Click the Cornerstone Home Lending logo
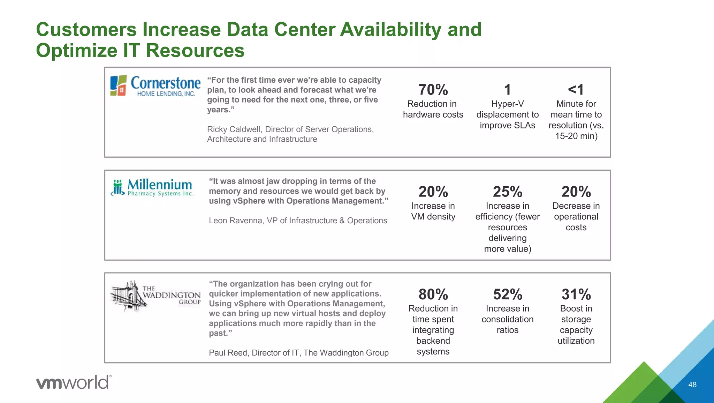155,85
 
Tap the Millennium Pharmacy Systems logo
152,188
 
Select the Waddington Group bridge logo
155,296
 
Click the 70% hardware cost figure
433,90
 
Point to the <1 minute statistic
576,90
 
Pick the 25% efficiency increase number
507,192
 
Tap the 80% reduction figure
433,294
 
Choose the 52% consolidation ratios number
507,294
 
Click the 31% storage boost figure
576,294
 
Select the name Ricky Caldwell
234,129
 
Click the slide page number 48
692,385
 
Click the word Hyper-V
507,104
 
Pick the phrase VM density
433,217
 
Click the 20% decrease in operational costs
576,192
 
